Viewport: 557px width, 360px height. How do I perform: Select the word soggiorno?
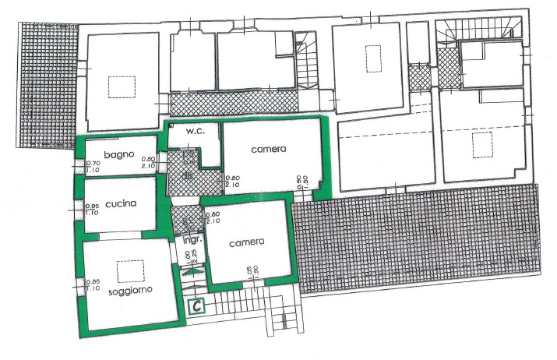[131, 289]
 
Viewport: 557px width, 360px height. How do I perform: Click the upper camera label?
[269, 149]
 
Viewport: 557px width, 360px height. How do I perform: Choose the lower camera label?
[247, 242]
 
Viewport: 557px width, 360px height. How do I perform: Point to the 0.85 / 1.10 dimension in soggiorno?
[93, 285]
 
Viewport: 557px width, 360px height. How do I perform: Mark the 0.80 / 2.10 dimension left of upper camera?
[232, 181]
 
